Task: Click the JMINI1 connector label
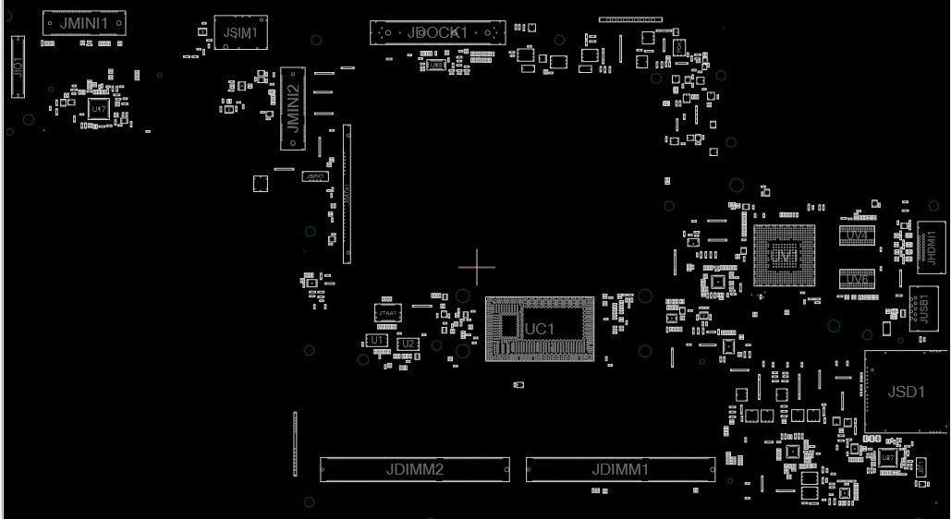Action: tap(84, 22)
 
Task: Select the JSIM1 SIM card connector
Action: tap(240, 33)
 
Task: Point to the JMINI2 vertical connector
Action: tap(293, 108)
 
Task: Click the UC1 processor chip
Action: tap(540, 329)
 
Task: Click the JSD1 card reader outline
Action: tap(906, 392)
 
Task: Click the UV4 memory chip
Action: tap(857, 235)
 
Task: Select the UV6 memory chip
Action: tap(857, 279)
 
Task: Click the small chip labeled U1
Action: tap(376, 341)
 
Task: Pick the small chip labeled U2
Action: tap(407, 344)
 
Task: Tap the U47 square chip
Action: tap(98, 108)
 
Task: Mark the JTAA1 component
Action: tap(388, 314)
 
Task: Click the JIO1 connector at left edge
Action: tap(17, 66)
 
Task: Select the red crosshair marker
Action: tap(477, 267)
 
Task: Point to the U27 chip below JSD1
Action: tap(887, 457)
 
